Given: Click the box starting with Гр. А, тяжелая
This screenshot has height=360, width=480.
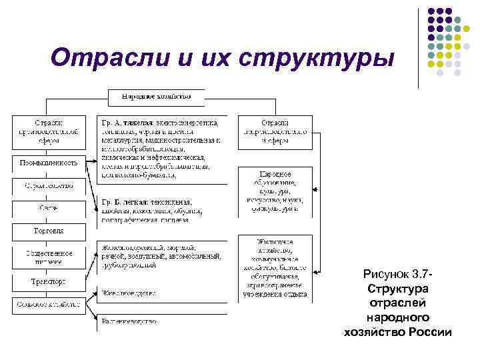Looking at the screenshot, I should click(163, 149).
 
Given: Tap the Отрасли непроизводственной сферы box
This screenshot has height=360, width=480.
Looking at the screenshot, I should click(275, 131).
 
